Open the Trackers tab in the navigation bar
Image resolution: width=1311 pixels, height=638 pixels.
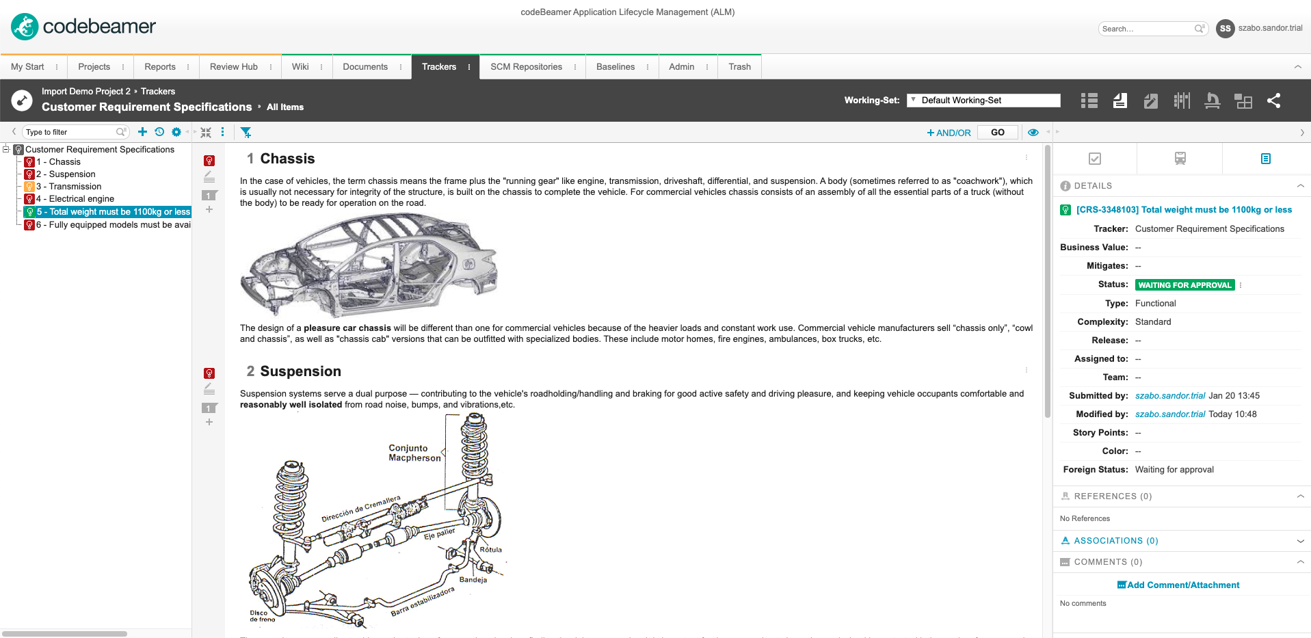click(439, 67)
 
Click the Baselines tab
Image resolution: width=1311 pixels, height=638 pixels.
click(615, 67)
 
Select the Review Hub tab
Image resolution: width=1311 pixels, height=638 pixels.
click(233, 67)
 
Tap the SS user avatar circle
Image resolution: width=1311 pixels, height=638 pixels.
click(1225, 29)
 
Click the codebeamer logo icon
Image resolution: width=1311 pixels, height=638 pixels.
click(25, 27)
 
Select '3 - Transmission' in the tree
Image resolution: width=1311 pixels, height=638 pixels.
click(75, 187)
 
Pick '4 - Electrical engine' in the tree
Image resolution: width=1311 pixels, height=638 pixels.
click(81, 199)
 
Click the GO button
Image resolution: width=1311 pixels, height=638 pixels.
click(997, 133)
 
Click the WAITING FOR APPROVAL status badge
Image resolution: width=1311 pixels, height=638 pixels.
click(1184, 285)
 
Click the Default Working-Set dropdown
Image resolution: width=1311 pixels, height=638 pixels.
click(983, 101)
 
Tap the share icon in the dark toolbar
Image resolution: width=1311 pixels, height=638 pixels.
click(1273, 101)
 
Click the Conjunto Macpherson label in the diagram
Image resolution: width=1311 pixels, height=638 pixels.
click(414, 453)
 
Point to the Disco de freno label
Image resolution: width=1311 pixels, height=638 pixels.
click(262, 616)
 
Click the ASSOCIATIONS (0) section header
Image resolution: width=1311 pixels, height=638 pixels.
click(1115, 541)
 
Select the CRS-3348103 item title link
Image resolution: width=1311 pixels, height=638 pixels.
click(1184, 210)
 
